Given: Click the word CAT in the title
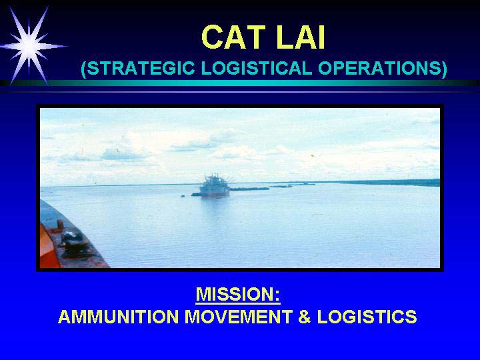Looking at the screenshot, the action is point(233,37).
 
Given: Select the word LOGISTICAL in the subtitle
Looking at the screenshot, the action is point(257,68).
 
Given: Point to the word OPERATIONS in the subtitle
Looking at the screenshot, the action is point(379,68).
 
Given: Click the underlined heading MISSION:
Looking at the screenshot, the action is point(238,295).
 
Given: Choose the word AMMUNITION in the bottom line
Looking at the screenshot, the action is point(118,317).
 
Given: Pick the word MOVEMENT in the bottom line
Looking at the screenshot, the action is point(239,317).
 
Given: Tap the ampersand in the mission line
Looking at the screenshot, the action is point(305,317).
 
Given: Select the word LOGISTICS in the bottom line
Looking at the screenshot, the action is point(367,317).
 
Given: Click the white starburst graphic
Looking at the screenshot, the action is point(29,46).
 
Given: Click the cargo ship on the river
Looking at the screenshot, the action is point(214,186).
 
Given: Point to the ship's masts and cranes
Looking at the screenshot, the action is point(215,179).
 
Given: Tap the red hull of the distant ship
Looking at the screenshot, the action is point(215,195).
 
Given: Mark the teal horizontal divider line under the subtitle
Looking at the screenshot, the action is point(240,83).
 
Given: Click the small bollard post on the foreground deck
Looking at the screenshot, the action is point(60,224).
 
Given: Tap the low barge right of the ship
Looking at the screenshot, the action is point(249,189).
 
